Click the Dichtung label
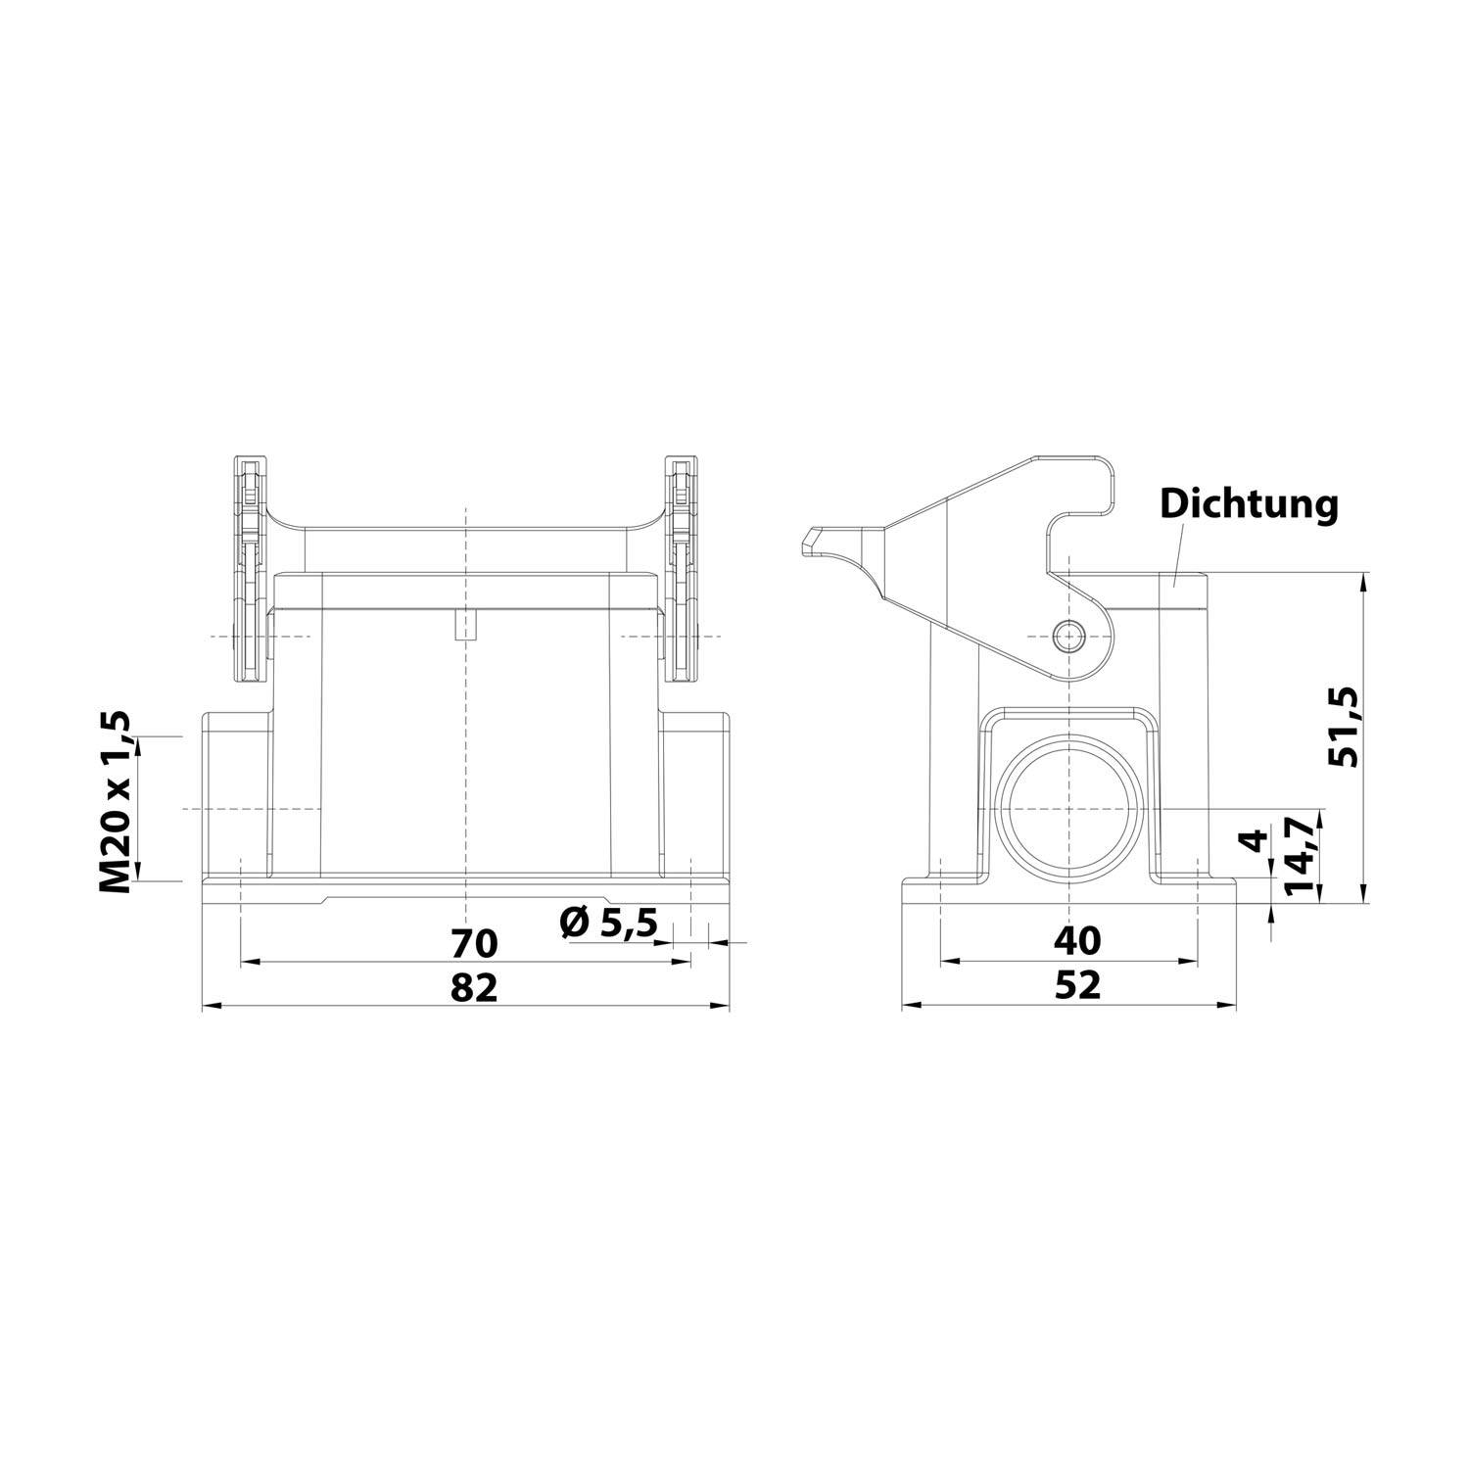click(1248, 504)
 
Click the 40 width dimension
click(1077, 940)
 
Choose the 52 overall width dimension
click(1077, 985)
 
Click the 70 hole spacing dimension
click(474, 943)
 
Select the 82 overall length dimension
click(474, 987)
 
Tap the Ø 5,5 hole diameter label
click(607, 923)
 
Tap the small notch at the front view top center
click(466, 625)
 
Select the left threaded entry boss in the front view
click(235, 795)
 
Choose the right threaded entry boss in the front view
click(695, 795)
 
